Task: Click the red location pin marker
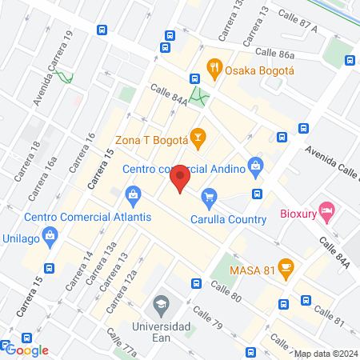180,178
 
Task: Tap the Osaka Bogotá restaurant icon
214,68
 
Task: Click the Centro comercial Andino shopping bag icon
255,168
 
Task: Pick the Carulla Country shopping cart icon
209,196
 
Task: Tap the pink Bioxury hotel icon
326,211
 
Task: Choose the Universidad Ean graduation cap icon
162,305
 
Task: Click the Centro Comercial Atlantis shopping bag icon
132,194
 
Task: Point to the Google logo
27,350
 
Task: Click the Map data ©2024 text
325,354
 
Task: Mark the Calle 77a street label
123,346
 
